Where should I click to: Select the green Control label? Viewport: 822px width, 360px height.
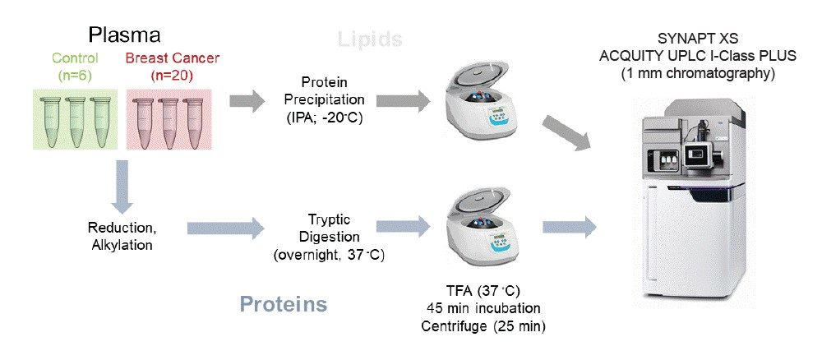coord(75,58)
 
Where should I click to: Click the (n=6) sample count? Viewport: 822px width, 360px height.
coord(75,76)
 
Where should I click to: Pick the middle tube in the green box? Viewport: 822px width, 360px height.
coord(76,118)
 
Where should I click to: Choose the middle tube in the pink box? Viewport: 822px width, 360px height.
coord(169,118)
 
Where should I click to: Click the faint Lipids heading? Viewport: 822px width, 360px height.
coord(372,39)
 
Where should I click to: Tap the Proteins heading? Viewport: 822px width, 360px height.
coord(284,304)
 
